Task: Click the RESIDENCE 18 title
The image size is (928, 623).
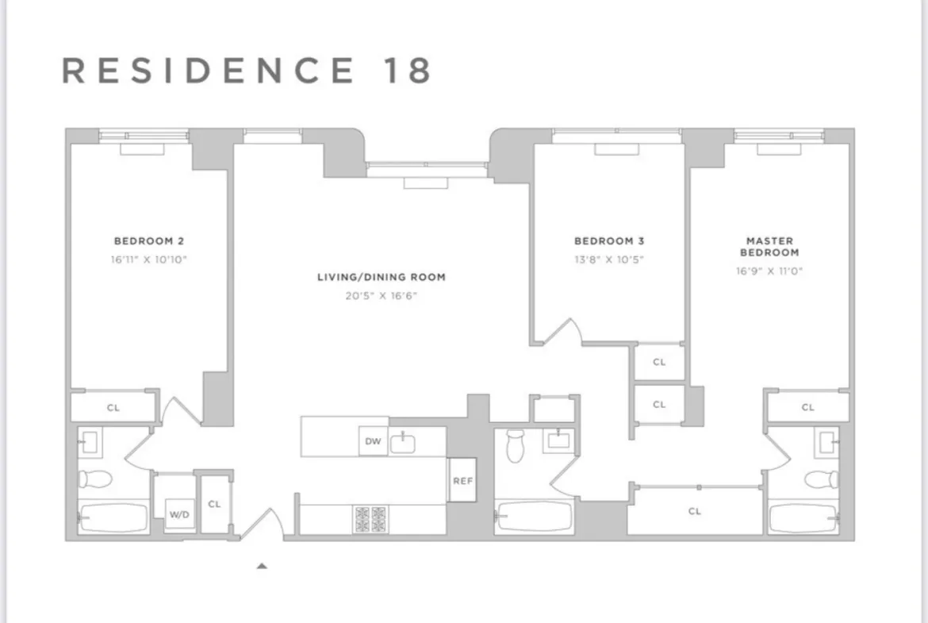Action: [247, 71]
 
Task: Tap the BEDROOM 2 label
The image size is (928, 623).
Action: [149, 240]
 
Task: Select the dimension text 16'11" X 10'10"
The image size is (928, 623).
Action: [149, 259]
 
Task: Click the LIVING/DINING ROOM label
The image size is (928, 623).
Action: [381, 277]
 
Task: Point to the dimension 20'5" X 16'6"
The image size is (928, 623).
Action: [381, 295]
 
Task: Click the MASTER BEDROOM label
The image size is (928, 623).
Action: [769, 246]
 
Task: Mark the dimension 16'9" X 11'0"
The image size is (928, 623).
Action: [769, 271]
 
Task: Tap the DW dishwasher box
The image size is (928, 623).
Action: [373, 441]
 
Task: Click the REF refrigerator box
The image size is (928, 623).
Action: [462, 480]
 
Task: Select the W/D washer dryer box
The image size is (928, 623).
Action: [180, 514]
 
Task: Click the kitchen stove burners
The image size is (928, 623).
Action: [370, 519]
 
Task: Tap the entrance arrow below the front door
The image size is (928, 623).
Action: [262, 566]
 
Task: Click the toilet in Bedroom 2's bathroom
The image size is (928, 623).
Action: [94, 479]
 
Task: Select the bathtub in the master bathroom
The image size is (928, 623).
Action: [803, 517]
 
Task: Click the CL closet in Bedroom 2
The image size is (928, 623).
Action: [113, 408]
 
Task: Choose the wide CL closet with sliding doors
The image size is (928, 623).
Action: [695, 511]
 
